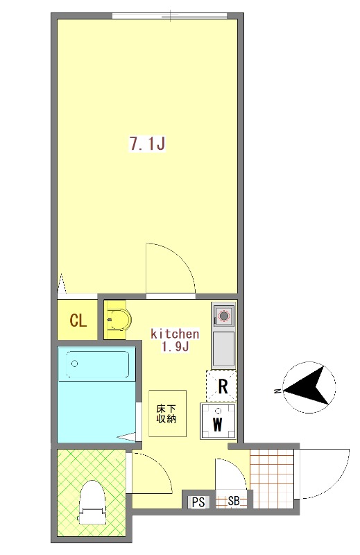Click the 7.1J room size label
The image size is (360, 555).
[x=148, y=144]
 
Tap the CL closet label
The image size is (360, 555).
[x=78, y=321]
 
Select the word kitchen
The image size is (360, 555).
[x=175, y=334]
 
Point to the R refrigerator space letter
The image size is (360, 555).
[x=223, y=386]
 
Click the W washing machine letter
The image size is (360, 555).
[x=217, y=424]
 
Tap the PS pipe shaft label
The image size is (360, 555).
[x=198, y=502]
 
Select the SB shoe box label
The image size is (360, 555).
[x=234, y=501]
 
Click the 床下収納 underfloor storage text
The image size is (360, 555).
[x=166, y=413]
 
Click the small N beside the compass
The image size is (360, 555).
[x=277, y=391]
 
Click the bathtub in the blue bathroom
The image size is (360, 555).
[x=97, y=366]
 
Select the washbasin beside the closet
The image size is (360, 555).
[x=118, y=320]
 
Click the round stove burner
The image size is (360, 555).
[x=224, y=315]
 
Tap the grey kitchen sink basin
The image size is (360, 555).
[x=223, y=349]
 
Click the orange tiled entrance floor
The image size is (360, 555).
[x=272, y=479]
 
